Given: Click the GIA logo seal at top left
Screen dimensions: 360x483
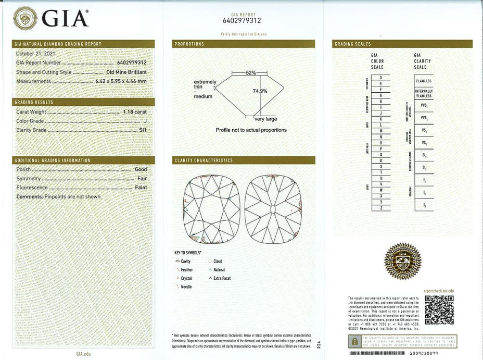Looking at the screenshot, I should coord(24,18).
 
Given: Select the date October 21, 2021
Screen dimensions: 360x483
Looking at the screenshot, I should coord(35,54).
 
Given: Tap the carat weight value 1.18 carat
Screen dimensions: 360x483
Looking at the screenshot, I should coord(135,112).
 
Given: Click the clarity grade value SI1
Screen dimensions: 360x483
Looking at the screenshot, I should coord(143,130).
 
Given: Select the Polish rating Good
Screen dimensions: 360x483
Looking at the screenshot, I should coord(141,169).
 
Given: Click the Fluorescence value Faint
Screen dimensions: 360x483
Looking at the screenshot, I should coord(141,188).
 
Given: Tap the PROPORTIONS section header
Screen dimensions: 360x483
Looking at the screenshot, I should coord(189,44).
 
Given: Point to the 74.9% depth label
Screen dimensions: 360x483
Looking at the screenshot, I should coord(260,91).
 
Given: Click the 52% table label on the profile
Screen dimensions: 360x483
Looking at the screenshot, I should coord(250,73).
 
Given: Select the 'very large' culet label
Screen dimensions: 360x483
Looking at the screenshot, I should coord(265,119).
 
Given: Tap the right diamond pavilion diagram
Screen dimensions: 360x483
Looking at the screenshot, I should coord(273,209).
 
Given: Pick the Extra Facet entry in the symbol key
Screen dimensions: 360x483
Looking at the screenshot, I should coord(222,278).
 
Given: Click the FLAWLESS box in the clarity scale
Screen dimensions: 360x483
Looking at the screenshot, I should coord(424,81).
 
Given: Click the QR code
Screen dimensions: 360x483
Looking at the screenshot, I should coord(439,310).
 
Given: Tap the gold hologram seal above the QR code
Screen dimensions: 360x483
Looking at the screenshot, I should coord(402,261).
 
